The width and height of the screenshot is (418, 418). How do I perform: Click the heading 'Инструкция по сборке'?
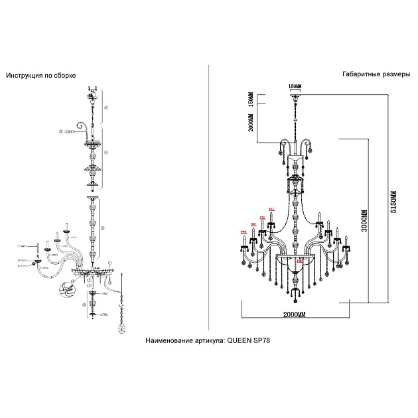coord(40,76)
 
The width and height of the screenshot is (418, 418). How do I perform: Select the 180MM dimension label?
coord(295,87)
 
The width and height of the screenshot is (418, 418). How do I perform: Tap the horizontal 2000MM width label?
coord(295,313)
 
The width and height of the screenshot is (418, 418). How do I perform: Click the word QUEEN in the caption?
coord(241,339)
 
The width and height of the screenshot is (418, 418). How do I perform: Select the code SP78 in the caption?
coord(264,339)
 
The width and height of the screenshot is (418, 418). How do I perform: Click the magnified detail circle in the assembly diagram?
coord(66,290)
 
